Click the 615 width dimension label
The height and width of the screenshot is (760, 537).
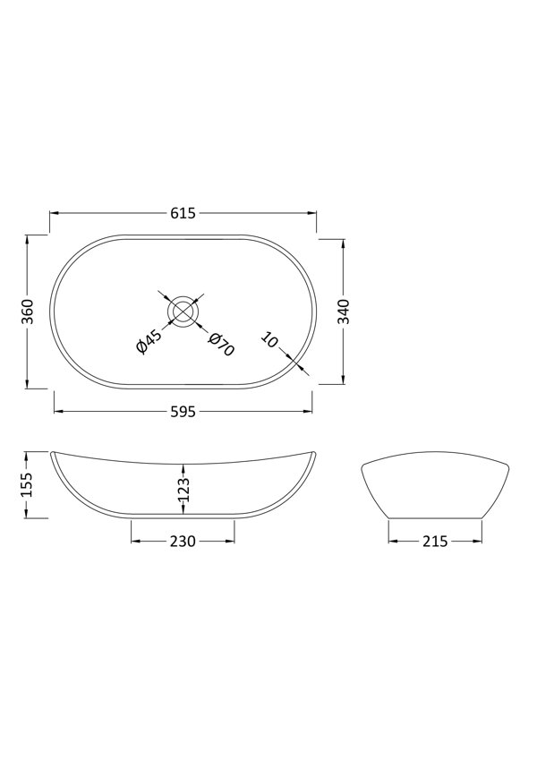tap(183, 213)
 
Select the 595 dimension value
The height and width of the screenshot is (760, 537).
tap(183, 412)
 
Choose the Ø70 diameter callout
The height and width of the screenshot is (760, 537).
tap(220, 344)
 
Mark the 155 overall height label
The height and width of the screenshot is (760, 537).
tap(27, 484)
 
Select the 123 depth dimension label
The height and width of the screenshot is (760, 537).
tap(183, 490)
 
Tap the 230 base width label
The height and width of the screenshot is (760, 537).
tap(183, 542)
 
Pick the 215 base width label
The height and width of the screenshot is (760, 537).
tap(436, 542)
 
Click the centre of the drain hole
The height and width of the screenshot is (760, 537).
tap(183, 312)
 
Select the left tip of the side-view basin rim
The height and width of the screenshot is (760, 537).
tap(52, 451)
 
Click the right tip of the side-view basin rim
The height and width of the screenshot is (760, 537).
tap(314, 451)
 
